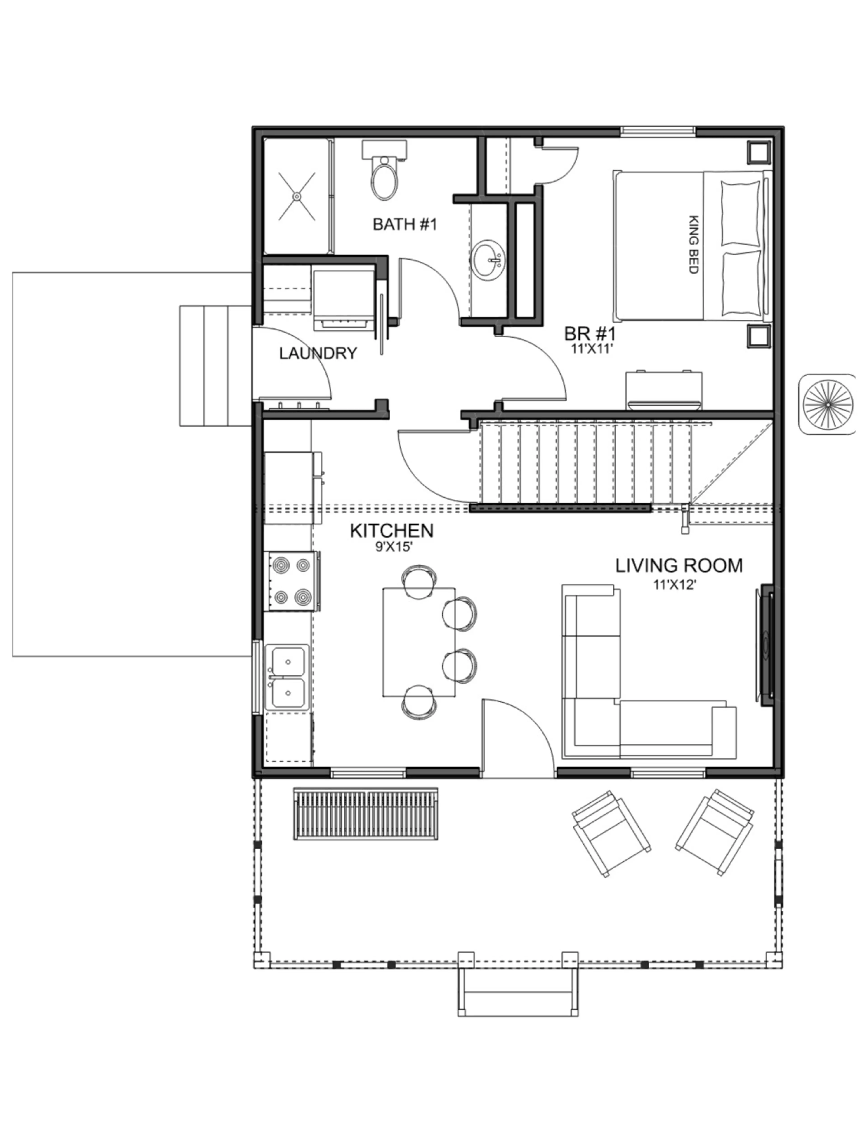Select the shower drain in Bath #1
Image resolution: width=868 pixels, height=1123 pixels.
pyautogui.click(x=297, y=196)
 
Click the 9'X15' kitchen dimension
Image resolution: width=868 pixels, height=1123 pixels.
pyautogui.click(x=394, y=547)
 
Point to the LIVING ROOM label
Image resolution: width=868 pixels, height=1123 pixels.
pyautogui.click(x=679, y=566)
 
